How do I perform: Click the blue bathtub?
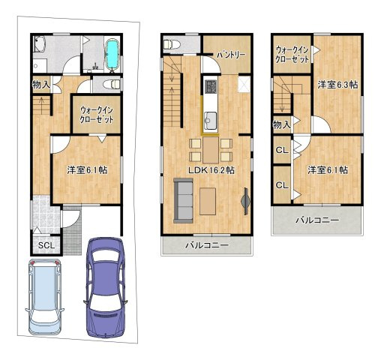112,54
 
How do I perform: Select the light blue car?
45,297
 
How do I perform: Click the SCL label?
46,245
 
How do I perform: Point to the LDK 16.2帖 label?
211,170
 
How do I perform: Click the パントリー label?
231,55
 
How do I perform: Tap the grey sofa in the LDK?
183,200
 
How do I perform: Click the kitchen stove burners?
211,86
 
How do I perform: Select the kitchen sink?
211,121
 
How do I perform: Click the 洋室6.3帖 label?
337,85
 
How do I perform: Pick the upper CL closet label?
282,150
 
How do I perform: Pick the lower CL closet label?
282,185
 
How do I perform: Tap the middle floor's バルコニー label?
207,245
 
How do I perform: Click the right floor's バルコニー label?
317,220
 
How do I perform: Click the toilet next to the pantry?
172,44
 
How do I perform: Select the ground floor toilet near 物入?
112,84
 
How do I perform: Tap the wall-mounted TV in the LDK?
246,201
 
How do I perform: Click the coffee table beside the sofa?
208,201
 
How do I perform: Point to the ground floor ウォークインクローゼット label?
97,115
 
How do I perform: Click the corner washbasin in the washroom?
39,43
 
